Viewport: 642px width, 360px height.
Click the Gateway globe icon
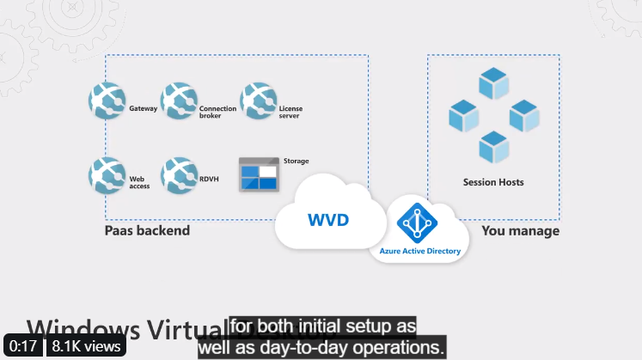coord(107,101)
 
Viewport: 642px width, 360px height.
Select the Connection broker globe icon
coord(180,101)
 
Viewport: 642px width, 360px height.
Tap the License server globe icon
coord(259,101)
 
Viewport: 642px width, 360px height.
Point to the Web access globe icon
coord(107,175)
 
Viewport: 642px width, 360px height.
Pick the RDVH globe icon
coord(180,175)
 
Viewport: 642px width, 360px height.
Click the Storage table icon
coord(259,176)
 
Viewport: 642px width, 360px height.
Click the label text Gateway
coord(143,109)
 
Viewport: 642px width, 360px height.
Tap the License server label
coord(290,113)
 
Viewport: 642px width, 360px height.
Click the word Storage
coord(296,162)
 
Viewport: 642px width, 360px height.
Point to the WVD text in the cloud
coord(328,220)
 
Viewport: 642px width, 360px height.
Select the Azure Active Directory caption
coord(420,252)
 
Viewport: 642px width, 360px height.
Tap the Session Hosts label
coord(493,182)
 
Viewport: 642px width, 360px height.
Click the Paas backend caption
coord(147,231)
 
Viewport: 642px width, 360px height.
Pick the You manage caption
coord(520,231)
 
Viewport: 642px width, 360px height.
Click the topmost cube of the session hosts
coord(493,82)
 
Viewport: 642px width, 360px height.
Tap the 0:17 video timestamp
coord(23,346)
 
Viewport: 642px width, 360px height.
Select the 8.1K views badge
coord(86,346)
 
